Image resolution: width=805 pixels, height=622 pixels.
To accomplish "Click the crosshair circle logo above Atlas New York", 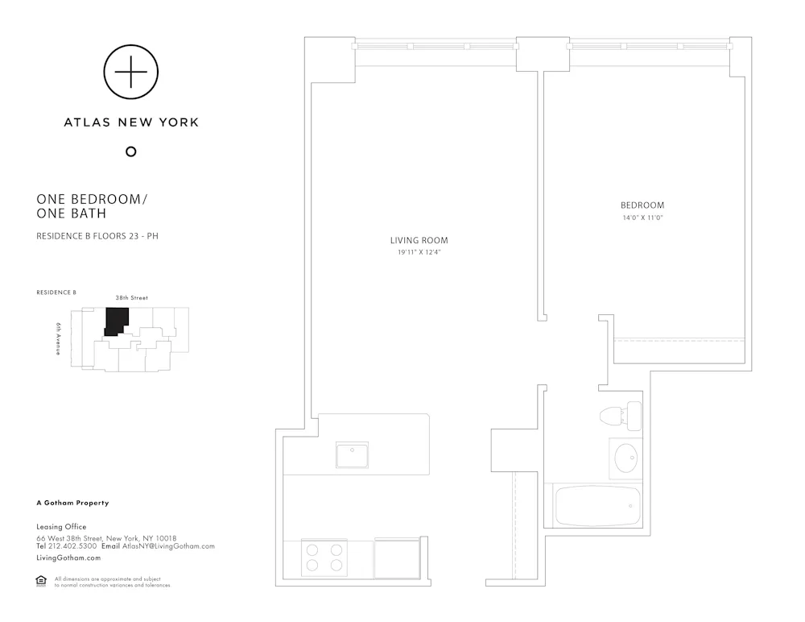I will coord(131,73).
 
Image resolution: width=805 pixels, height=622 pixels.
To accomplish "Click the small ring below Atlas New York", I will coord(131,151).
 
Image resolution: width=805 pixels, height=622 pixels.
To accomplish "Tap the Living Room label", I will coord(419,240).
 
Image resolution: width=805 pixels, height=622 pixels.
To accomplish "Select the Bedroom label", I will coord(642,205).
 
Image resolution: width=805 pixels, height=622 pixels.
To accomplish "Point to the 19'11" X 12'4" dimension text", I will coord(419,252).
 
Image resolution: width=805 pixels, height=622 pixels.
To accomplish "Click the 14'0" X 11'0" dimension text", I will coord(642,218).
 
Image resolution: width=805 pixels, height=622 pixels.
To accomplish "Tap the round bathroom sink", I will coord(625,459).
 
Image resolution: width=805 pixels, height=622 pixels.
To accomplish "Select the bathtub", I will coord(597,505).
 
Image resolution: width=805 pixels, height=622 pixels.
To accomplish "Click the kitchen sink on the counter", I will coord(353,455).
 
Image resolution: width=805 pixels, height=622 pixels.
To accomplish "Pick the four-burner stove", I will coord(322,557).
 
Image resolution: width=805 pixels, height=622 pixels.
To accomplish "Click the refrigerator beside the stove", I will coord(397,557).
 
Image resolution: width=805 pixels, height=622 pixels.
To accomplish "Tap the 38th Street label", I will coord(131,298).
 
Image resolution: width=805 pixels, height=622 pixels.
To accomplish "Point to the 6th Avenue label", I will coord(59,339).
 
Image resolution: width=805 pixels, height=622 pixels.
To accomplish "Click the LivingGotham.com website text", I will coord(68,558).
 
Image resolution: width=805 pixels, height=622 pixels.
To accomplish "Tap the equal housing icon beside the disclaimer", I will coord(41,581).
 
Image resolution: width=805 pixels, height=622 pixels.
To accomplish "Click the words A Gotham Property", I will coord(72,503).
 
